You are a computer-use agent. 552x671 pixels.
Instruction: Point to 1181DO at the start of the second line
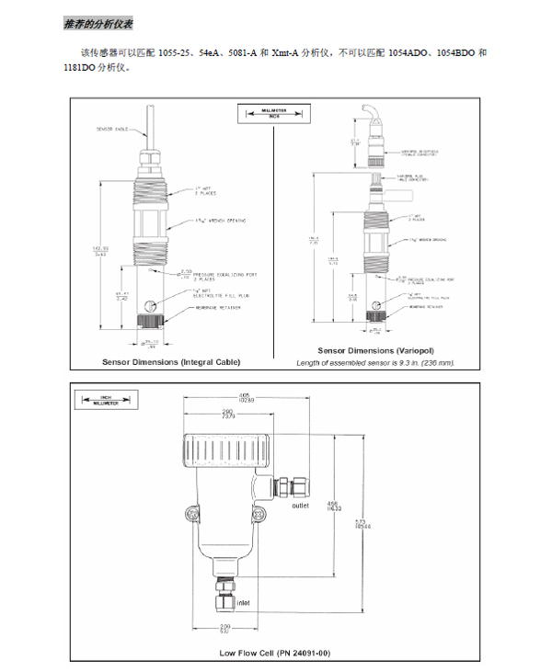point(79,67)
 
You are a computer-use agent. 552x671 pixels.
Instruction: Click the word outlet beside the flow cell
point(299,506)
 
